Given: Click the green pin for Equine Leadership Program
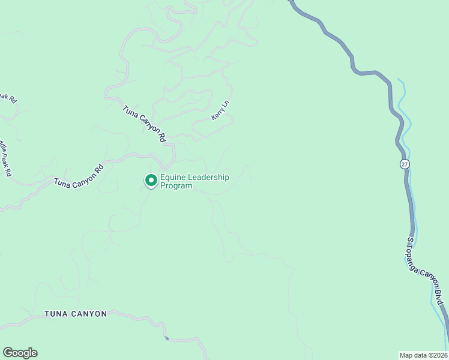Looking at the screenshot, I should [151, 180].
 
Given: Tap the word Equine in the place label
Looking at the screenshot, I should [173, 178].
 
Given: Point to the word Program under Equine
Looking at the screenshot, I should [176, 186].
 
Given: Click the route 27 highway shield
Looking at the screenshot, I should [405, 164].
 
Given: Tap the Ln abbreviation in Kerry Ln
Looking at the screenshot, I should [226, 104].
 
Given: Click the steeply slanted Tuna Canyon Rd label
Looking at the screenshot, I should [145, 124].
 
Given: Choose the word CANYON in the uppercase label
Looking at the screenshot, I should [88, 314].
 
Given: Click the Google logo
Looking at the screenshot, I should [20, 353].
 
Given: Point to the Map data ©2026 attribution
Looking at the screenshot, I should [424, 355].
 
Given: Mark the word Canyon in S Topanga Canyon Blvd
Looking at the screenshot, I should [431, 280].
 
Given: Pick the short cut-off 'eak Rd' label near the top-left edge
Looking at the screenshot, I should [8, 97].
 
